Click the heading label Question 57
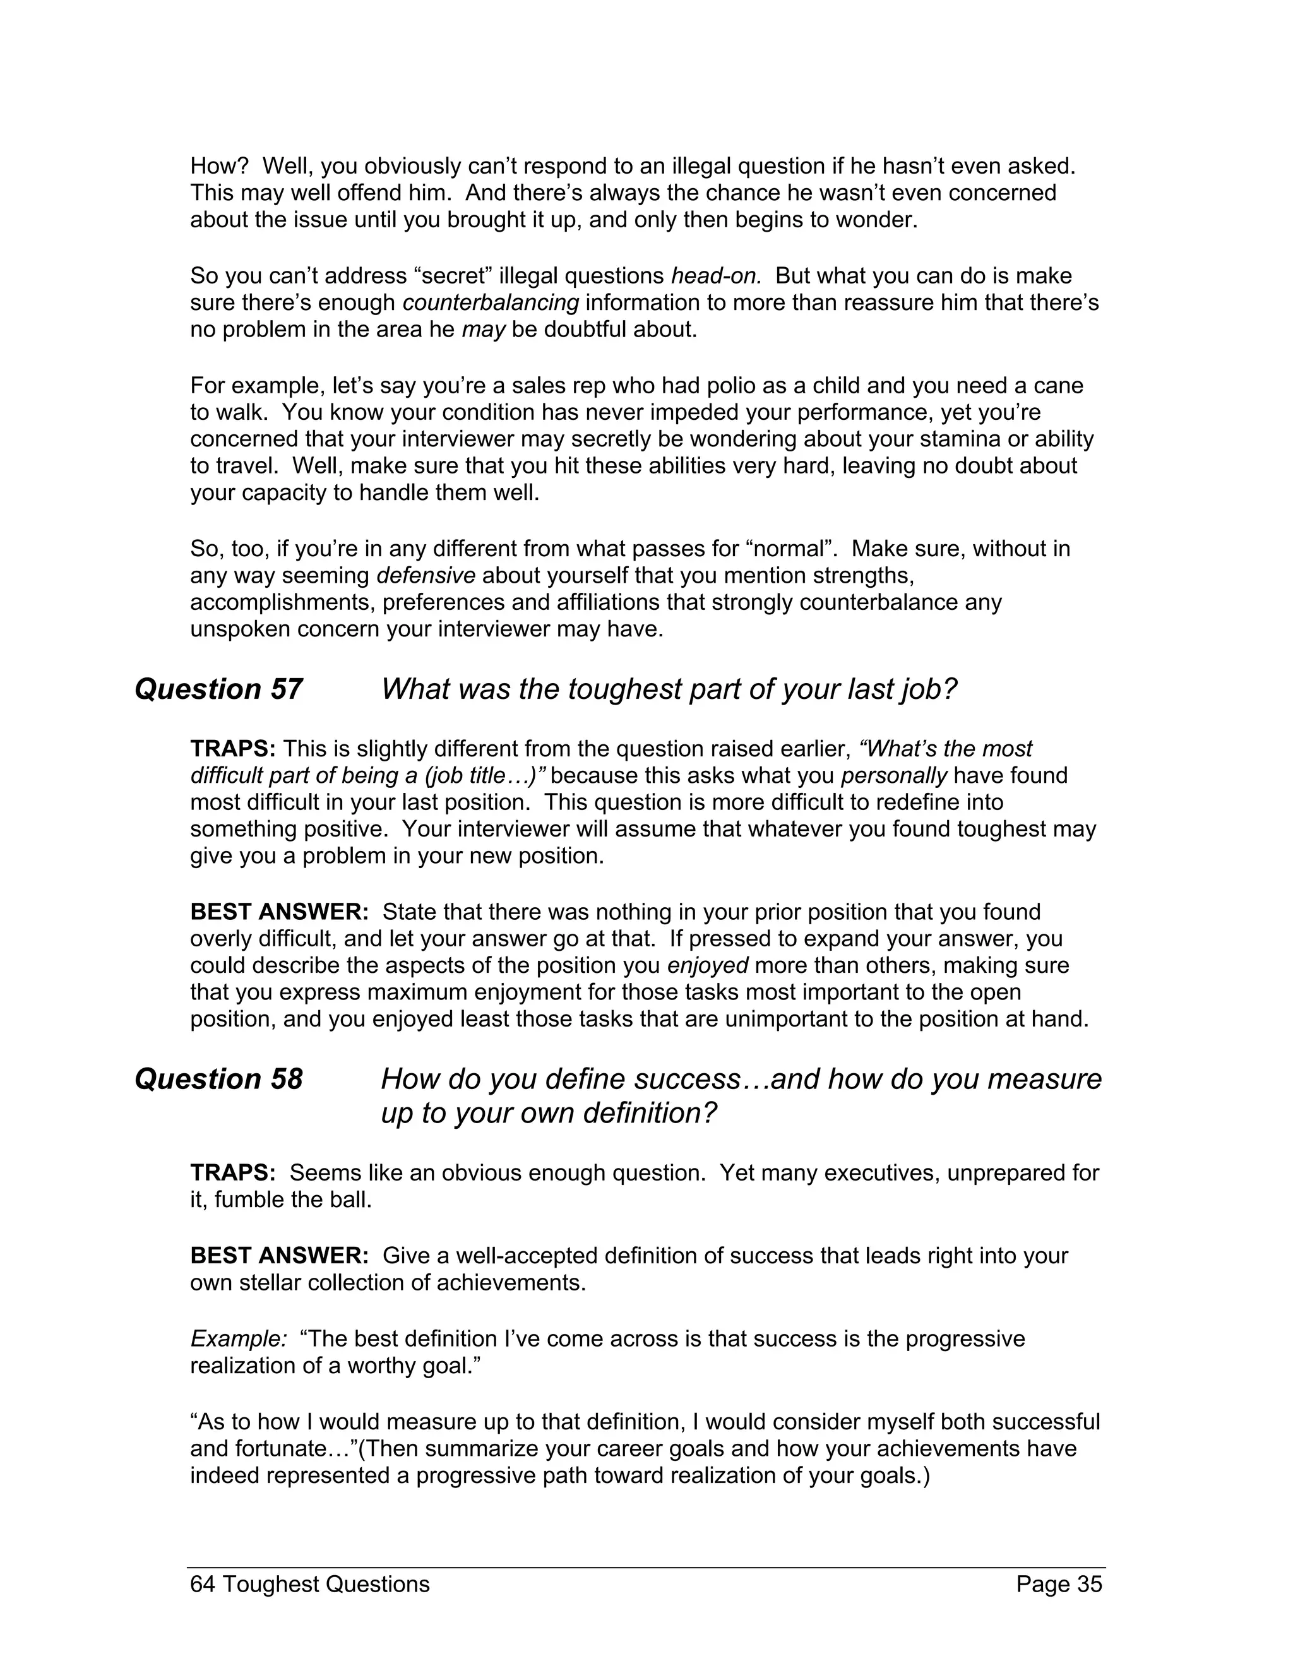pyautogui.click(x=218, y=689)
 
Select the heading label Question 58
pyautogui.click(x=218, y=1080)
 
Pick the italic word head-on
pyautogui.click(x=716, y=276)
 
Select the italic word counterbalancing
pyautogui.click(x=490, y=302)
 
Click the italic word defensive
pyautogui.click(x=426, y=575)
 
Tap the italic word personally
pyautogui.click(x=894, y=775)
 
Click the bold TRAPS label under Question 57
pyautogui.click(x=233, y=748)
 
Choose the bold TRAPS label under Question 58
pyautogui.click(x=233, y=1173)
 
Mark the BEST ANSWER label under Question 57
pyautogui.click(x=280, y=912)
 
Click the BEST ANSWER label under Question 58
pyautogui.click(x=280, y=1256)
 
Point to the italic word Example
pyautogui.click(x=238, y=1338)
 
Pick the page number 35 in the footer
pyautogui.click(x=1088, y=1583)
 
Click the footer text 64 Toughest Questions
pyautogui.click(x=309, y=1583)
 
